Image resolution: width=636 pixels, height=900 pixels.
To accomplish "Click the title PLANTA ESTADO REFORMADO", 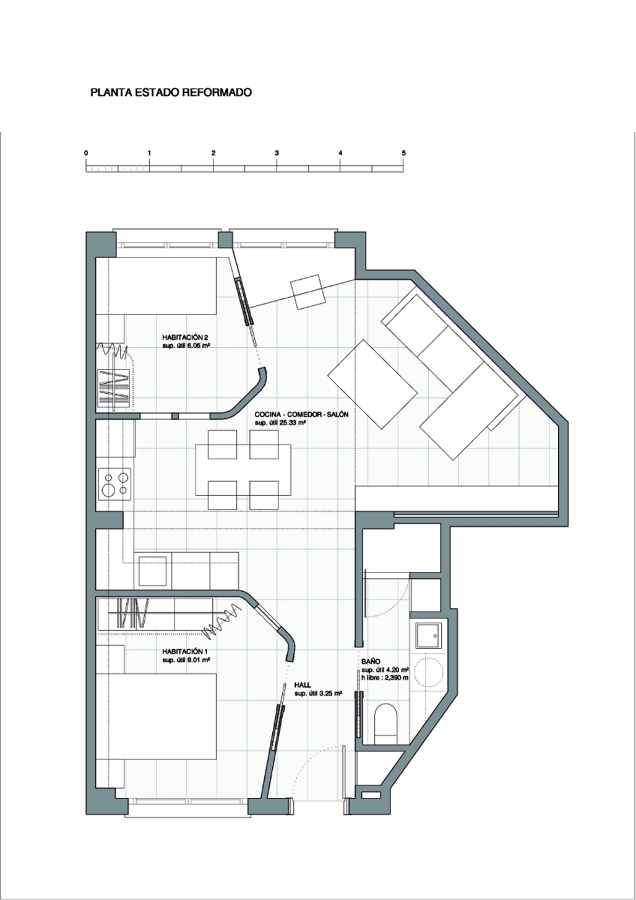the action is (x=171, y=92).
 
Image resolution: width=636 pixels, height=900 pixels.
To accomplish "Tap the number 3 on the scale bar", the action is (x=277, y=153).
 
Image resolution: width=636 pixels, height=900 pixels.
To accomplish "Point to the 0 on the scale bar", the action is (x=86, y=153).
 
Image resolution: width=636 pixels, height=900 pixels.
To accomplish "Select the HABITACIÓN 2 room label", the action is (x=184, y=338).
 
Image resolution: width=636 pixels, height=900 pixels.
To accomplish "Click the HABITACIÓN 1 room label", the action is (x=184, y=652).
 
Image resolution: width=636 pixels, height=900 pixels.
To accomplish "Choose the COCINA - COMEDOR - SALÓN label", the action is (x=301, y=414).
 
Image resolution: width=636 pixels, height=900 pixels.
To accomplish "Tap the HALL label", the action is (x=303, y=685).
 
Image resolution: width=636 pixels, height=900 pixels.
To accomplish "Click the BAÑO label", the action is (x=371, y=662).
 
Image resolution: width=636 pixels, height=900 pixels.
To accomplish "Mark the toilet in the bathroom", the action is (x=385, y=723).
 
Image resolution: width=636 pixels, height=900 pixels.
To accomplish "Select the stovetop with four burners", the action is (x=115, y=484).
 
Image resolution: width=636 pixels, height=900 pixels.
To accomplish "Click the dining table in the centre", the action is (x=243, y=470).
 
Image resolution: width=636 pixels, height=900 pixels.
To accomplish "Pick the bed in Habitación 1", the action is (x=156, y=716).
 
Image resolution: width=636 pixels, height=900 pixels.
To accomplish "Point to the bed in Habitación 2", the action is (x=156, y=286).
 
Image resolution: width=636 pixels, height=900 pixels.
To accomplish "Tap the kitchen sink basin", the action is (x=153, y=570).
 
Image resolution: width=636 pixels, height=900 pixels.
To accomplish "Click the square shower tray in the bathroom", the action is (x=428, y=635).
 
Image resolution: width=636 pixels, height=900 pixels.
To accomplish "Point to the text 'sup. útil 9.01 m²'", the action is (x=186, y=661).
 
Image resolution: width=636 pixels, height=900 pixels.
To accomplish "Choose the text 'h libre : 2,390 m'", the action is (x=385, y=678).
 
